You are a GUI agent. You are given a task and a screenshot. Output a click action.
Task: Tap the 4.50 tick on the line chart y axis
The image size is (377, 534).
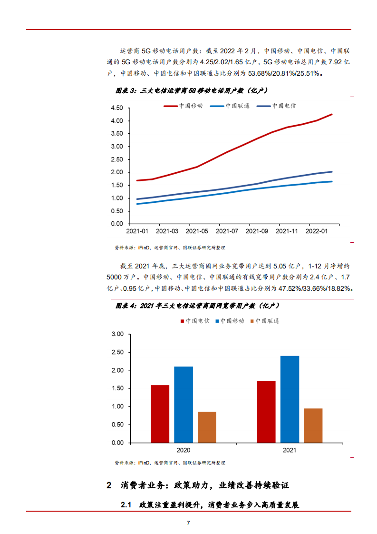pos(116,108)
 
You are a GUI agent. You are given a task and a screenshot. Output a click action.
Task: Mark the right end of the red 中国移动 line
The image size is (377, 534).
pos(332,114)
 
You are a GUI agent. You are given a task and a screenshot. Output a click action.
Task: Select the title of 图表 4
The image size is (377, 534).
pos(196,305)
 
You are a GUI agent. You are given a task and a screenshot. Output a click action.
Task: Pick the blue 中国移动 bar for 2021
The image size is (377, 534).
pos(290,399)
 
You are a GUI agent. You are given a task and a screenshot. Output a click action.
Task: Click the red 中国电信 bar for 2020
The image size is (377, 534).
pos(160,414)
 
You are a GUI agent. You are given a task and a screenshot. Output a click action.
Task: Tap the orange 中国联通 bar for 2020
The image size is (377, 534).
pos(207,427)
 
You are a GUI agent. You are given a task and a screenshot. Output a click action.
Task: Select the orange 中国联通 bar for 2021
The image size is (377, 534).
pos(313,425)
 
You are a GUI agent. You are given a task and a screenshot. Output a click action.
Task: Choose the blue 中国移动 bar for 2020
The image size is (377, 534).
pos(184,405)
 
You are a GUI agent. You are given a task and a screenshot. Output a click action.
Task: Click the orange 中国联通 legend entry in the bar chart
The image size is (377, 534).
pos(267,321)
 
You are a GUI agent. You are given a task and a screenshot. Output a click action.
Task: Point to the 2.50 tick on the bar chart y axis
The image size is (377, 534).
pos(116,352)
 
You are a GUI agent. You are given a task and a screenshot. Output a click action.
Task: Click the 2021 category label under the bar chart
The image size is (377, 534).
pos(290,450)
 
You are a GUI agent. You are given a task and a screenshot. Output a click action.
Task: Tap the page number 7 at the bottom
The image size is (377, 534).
pos(188,523)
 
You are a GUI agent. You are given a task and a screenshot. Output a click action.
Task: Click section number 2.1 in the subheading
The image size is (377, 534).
pos(126,504)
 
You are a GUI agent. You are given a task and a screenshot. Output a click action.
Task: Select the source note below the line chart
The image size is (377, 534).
pos(170,247)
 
